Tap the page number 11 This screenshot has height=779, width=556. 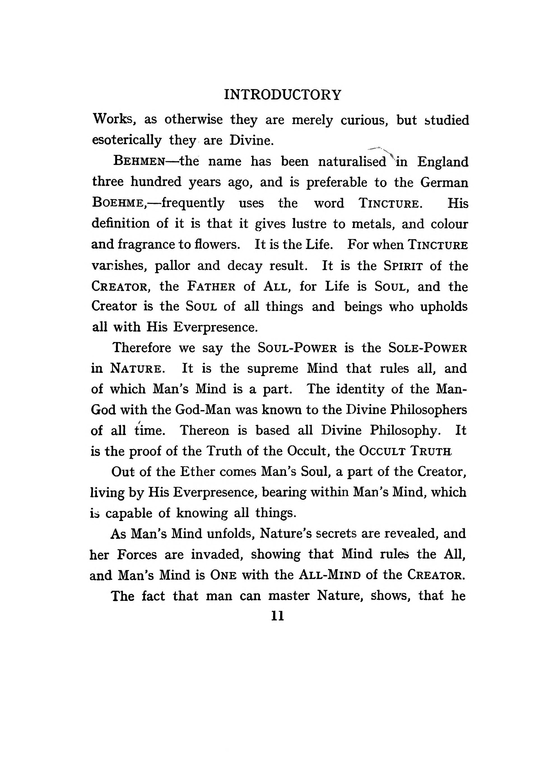tap(277, 616)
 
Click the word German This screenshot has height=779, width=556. tap(444, 183)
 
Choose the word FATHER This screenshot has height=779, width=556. tap(211, 287)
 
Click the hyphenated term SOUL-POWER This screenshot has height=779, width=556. tap(297, 348)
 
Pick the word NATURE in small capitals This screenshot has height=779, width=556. tap(136, 369)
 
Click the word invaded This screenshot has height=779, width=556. tap(217, 554)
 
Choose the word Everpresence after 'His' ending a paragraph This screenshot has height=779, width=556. tap(215, 328)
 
